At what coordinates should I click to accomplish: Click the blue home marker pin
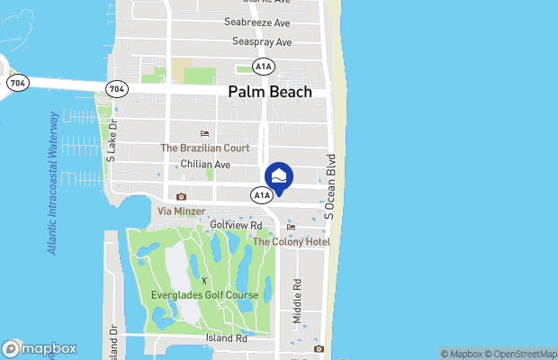pos(279,176)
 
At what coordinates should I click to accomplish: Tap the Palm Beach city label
pos(270,92)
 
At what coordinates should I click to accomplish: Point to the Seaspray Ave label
pos(262,42)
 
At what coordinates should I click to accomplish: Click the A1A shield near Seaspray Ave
pos(263,67)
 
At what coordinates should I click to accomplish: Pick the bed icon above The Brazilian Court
pos(204,133)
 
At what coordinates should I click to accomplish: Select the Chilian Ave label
pos(205,165)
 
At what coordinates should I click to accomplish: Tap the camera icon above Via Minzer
pos(182,196)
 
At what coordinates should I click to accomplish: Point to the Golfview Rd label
pos(236,225)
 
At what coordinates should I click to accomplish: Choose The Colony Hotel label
pos(291,241)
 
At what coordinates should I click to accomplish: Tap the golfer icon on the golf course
pos(203,281)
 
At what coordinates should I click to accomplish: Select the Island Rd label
pos(226,338)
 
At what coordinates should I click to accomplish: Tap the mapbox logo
pos(40,348)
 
